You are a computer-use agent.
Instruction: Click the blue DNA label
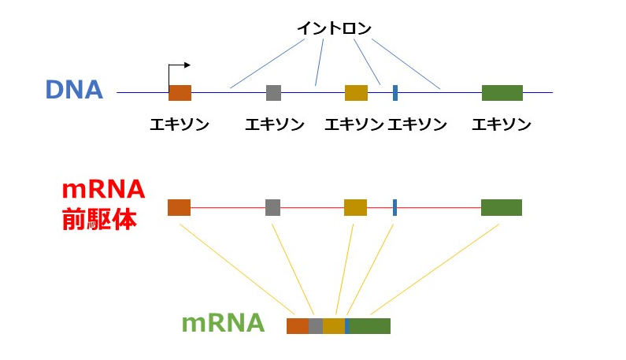(x=74, y=90)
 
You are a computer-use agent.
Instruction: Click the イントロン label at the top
(x=334, y=28)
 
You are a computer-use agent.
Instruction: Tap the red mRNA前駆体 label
(x=103, y=204)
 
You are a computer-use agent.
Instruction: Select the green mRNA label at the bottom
(x=223, y=324)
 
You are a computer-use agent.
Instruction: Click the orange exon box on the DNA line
(x=180, y=93)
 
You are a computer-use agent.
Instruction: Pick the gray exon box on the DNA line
(x=273, y=93)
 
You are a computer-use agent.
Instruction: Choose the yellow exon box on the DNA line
(x=356, y=93)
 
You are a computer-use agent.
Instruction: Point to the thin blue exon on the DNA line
(x=394, y=93)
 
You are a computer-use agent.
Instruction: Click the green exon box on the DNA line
(x=502, y=93)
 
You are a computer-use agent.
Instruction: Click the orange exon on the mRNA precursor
(x=179, y=208)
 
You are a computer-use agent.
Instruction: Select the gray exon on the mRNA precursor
(x=272, y=208)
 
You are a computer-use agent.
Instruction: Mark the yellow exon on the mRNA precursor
(x=355, y=208)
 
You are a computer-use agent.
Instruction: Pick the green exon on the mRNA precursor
(x=501, y=208)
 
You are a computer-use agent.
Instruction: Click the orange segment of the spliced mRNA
(x=298, y=326)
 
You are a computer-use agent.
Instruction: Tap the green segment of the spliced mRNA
(x=370, y=326)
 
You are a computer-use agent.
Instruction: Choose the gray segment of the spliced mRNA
(x=316, y=326)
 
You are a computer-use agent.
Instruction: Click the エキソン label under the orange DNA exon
(x=180, y=124)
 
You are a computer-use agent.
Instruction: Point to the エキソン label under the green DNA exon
(x=502, y=124)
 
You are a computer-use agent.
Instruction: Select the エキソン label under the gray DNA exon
(x=274, y=124)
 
